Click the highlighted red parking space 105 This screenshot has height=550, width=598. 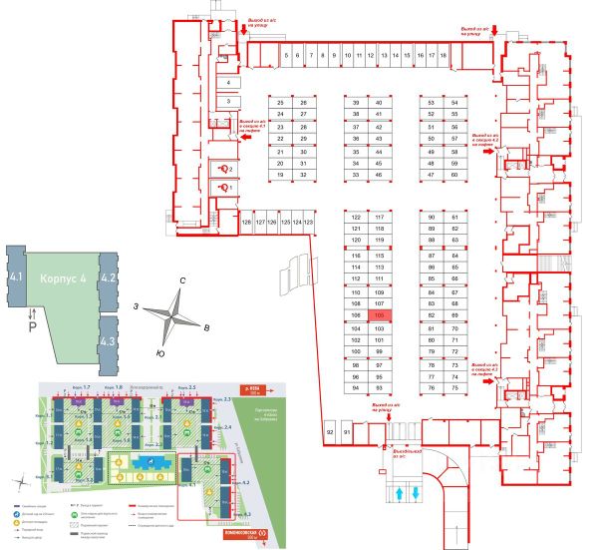(379, 314)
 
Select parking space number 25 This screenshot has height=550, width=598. (280, 103)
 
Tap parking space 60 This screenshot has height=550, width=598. (453, 175)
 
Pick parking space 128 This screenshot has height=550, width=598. (246, 221)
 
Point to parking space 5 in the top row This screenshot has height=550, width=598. (286, 56)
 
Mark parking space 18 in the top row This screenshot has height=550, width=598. (444, 56)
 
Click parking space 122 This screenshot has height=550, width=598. (355, 217)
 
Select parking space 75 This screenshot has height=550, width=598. (432, 389)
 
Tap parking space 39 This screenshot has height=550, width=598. (356, 103)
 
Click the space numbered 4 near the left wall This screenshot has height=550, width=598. (228, 82)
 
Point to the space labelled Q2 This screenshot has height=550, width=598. (226, 169)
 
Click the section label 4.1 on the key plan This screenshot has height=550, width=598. (14, 276)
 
